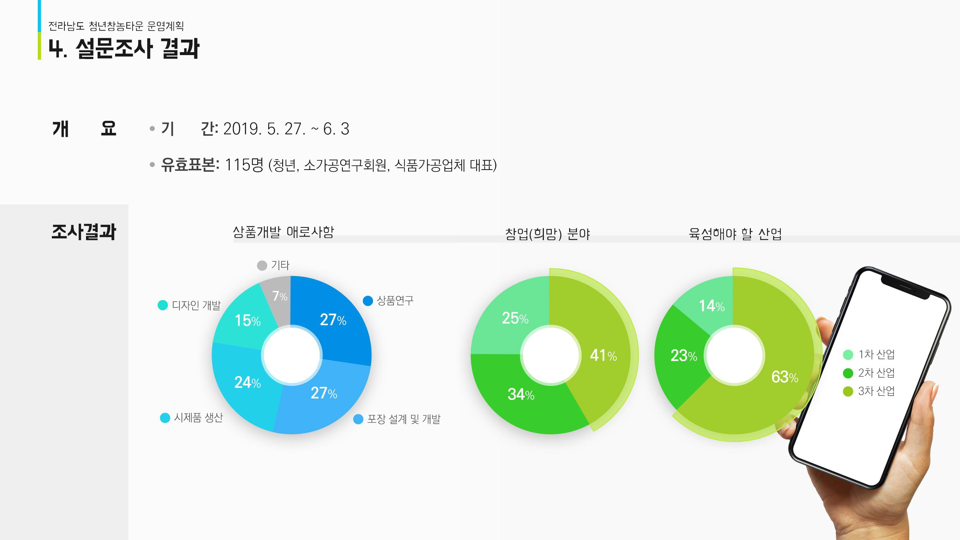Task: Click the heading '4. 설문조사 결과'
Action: (124, 49)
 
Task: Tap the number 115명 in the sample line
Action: (244, 165)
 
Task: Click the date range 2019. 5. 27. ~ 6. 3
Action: (286, 129)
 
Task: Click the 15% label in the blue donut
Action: (247, 321)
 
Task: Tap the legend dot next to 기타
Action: (262, 266)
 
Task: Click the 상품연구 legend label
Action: (395, 301)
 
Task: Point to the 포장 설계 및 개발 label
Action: (404, 419)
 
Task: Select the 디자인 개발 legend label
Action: (196, 306)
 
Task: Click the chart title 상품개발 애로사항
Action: (283, 232)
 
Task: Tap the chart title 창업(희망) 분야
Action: (547, 234)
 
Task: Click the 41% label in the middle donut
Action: (603, 356)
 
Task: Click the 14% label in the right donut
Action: (711, 306)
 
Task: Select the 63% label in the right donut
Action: (784, 377)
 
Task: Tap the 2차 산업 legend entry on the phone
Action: (876, 373)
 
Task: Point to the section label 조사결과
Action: (84, 232)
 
